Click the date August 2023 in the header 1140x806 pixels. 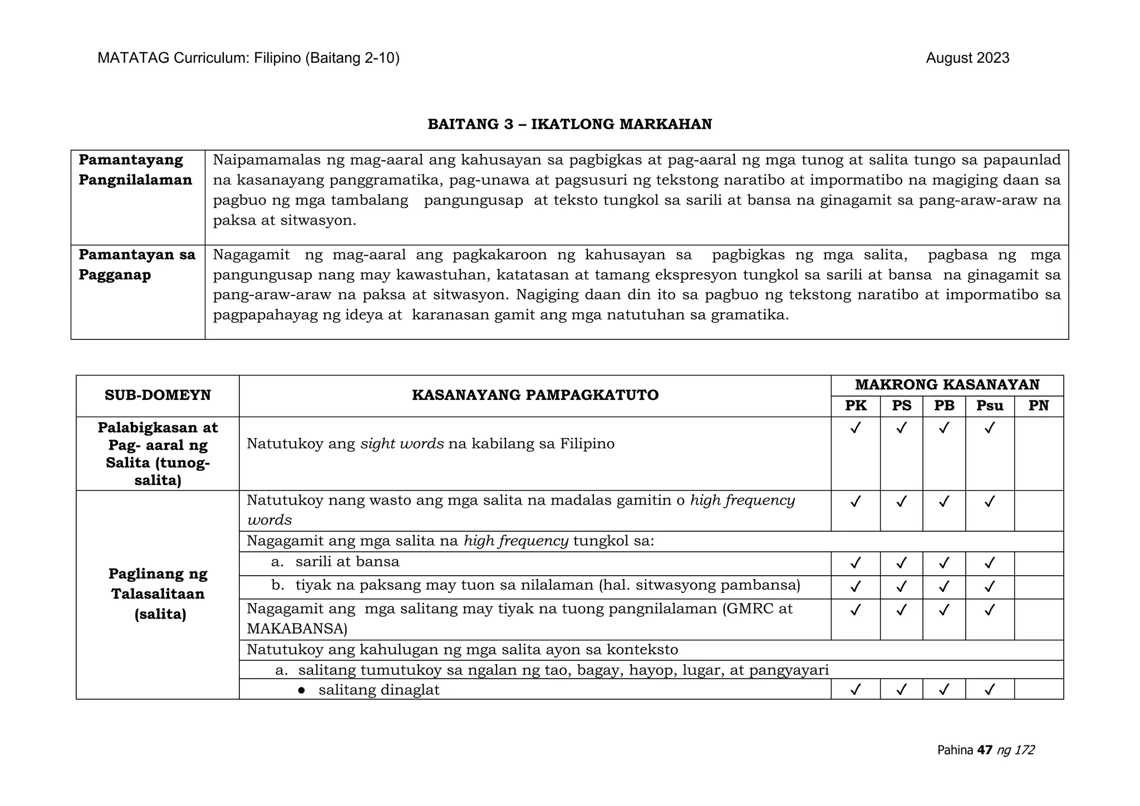point(967,58)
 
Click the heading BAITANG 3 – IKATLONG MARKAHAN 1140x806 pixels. point(569,124)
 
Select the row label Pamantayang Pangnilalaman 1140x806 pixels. point(135,170)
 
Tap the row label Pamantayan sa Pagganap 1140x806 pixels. point(136,265)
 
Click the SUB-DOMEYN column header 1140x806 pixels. point(158,395)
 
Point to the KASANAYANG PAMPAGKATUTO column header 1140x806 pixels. point(535,395)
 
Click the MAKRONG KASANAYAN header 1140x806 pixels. point(947,385)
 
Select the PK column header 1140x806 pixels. point(856,406)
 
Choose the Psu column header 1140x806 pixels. point(989,406)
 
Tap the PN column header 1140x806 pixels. point(1038,406)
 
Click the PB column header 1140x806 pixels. point(944,406)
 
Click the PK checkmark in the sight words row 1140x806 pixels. point(856,428)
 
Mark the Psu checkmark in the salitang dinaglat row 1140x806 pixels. point(989,690)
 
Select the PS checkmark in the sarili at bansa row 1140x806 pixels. point(901,563)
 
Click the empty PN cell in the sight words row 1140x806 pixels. point(1038,453)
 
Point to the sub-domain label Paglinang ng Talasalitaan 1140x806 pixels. point(158,594)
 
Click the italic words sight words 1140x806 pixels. point(402,444)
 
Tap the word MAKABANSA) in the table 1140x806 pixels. point(297,629)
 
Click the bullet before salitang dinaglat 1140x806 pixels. point(301,690)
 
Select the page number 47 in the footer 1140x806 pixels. point(985,750)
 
